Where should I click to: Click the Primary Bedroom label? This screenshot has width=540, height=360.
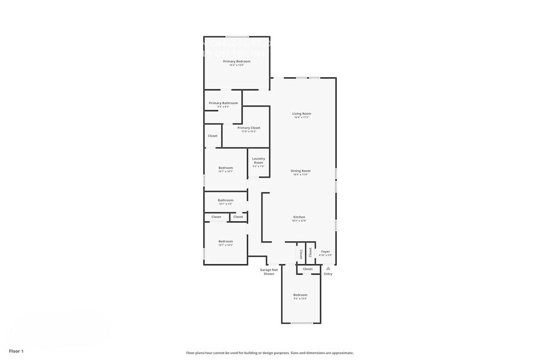click(236, 61)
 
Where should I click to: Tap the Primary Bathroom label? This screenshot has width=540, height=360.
click(223, 103)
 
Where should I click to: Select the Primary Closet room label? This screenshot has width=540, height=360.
click(249, 128)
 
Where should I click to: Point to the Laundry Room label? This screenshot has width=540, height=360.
click(258, 160)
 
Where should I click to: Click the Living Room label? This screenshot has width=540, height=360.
click(301, 114)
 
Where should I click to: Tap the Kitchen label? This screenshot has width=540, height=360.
click(299, 217)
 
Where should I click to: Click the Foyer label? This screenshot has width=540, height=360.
click(326, 252)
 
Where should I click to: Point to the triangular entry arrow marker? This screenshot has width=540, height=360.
click(328, 268)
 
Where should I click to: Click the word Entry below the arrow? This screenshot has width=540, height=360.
click(328, 274)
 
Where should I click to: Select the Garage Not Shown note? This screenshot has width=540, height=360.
click(269, 272)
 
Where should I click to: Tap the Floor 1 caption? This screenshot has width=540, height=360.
click(16, 351)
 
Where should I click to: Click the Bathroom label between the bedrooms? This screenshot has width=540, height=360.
click(225, 200)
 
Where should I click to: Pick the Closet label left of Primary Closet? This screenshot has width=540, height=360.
click(212, 136)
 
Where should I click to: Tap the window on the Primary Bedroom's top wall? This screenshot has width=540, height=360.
click(238, 37)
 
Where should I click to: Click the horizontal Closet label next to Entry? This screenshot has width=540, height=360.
click(307, 269)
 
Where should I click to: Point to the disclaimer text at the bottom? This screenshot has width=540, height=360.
click(269, 353)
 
